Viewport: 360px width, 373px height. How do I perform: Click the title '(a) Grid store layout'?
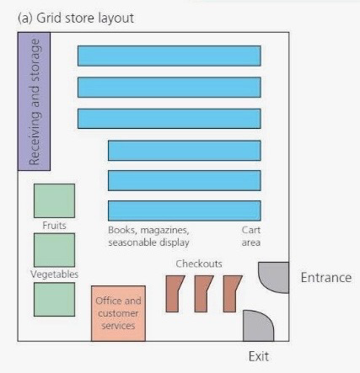76,19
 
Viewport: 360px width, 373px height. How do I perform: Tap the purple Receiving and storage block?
34,101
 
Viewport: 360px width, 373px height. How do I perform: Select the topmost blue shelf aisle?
169,56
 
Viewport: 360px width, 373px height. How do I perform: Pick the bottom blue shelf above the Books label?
185,210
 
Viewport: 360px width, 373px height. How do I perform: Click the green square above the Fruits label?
54,200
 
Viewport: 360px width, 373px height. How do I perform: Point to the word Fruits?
54,226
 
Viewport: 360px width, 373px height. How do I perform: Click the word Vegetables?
54,274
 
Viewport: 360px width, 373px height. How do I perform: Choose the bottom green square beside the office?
54,300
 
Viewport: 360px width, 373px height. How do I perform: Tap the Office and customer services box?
118,313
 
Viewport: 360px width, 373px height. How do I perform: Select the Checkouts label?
199,264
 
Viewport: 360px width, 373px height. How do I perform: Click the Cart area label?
251,236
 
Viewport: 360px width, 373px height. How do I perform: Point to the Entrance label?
326,278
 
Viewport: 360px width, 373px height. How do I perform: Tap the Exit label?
259,356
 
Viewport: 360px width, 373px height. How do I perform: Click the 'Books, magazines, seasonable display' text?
148,236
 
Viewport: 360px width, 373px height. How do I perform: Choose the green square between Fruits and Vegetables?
54,250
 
